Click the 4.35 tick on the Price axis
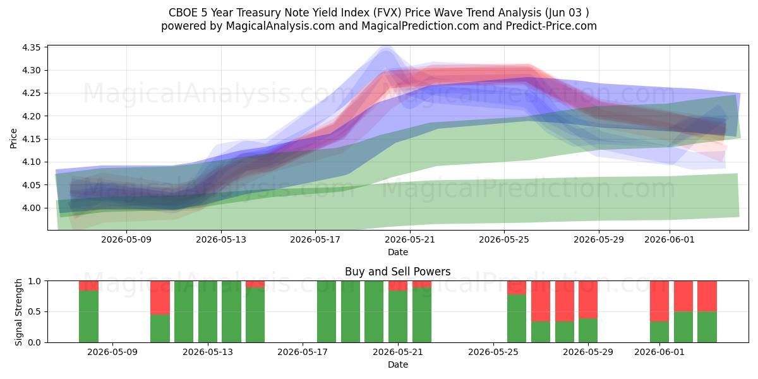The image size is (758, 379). pos(31,47)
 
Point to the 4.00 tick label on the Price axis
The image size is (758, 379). pos(31,208)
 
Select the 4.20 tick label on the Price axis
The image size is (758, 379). pos(31,116)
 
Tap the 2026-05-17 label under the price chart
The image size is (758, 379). pos(315,239)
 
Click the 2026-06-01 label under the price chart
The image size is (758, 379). pos(670,239)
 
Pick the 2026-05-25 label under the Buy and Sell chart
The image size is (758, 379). pos(493,352)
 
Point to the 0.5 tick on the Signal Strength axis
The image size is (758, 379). pos(34,311)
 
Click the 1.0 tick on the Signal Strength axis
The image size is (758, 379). pos(34,281)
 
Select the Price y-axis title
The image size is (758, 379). pos(13,138)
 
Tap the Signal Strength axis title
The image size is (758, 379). pos(18,312)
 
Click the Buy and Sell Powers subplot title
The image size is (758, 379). pos(397,272)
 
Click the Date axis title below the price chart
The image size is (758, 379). pos(397,252)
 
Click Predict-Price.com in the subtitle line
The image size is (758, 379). pos(551,26)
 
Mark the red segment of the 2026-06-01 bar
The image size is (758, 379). pos(659,301)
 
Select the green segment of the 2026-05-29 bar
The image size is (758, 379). pos(588,330)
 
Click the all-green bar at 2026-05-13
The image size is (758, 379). pos(208,311)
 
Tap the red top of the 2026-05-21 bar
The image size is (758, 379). pos(398,286)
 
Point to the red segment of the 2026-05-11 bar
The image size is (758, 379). pos(160,298)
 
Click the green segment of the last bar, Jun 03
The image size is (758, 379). pos(707,327)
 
